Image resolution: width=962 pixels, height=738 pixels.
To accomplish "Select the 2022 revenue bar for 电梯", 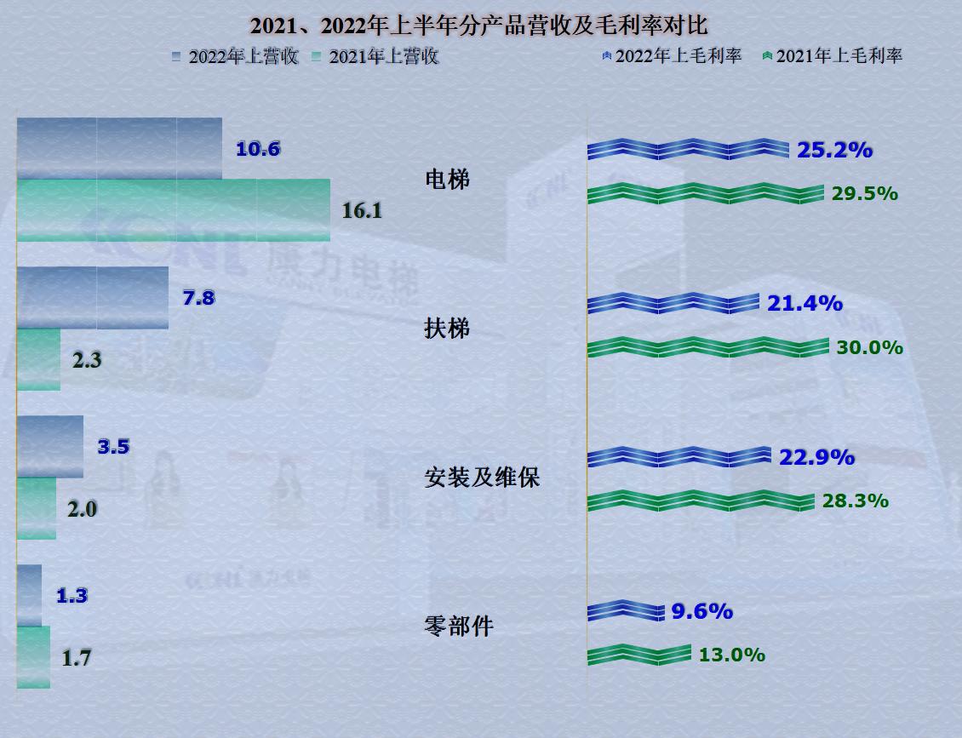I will coord(119,149).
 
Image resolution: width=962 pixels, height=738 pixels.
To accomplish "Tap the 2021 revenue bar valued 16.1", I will coord(173,210).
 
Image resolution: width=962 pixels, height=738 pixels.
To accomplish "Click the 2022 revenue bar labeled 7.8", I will coord(92,298).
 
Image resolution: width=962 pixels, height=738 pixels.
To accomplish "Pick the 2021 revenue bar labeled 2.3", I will coord(38,359).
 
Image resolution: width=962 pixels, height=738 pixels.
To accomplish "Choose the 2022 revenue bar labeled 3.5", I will coord(50,447).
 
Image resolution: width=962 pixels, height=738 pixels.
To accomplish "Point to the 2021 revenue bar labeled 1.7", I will coord(33,657).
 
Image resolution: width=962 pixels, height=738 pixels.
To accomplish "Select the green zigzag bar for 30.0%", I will coord(707,347).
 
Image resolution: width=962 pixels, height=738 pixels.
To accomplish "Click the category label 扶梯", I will coord(447,329).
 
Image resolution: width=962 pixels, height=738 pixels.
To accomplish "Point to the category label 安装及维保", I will coord(482,478).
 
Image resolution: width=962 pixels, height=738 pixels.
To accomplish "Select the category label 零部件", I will coord(458,627).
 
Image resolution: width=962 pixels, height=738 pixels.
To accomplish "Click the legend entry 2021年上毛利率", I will coord(839,56).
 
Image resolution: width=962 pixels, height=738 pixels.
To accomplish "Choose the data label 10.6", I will coord(258,150).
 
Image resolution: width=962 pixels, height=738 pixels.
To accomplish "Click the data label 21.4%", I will coord(805,303).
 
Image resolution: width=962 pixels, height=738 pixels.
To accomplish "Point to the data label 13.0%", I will coord(731,655).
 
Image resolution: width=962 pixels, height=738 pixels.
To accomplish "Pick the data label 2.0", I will coord(82,509).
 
